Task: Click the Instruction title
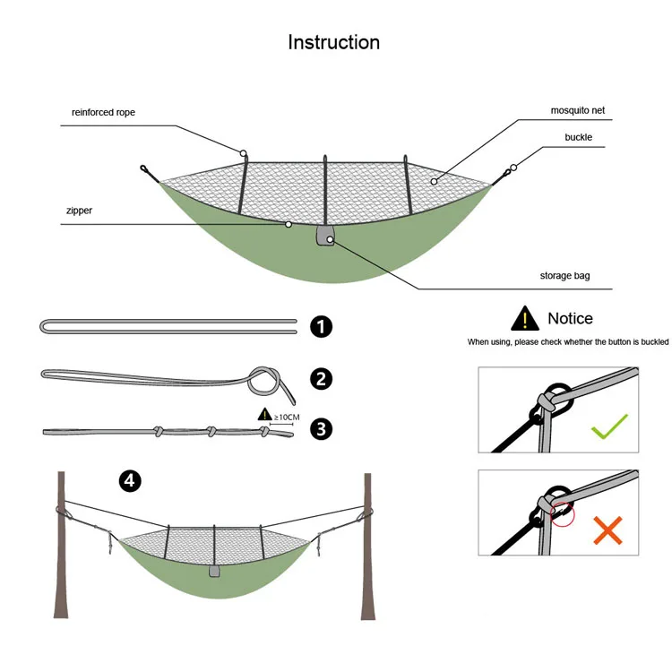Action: (x=333, y=42)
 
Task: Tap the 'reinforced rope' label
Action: (x=103, y=113)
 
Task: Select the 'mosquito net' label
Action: (x=578, y=111)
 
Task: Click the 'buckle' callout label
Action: (x=578, y=137)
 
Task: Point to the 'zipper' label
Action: (x=80, y=211)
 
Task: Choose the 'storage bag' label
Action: (x=564, y=276)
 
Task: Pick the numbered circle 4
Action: (x=131, y=481)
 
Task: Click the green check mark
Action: (x=608, y=428)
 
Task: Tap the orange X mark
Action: (x=608, y=530)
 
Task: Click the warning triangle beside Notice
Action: (x=522, y=318)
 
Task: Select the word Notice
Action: (x=570, y=318)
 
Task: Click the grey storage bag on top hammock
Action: (x=324, y=237)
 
